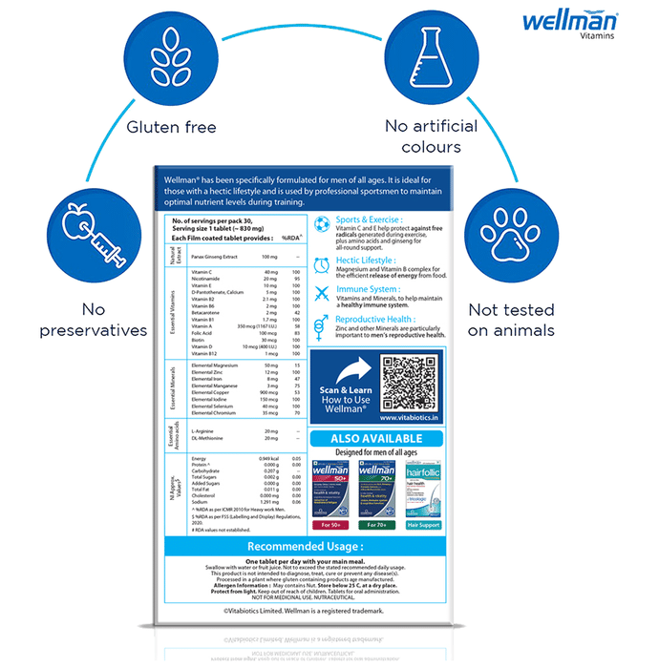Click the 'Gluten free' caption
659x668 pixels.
[173, 127]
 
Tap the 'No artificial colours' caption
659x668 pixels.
[423, 136]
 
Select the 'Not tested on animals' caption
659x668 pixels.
[511, 320]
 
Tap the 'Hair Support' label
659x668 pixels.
[424, 525]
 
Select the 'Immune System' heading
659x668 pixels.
[368, 289]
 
